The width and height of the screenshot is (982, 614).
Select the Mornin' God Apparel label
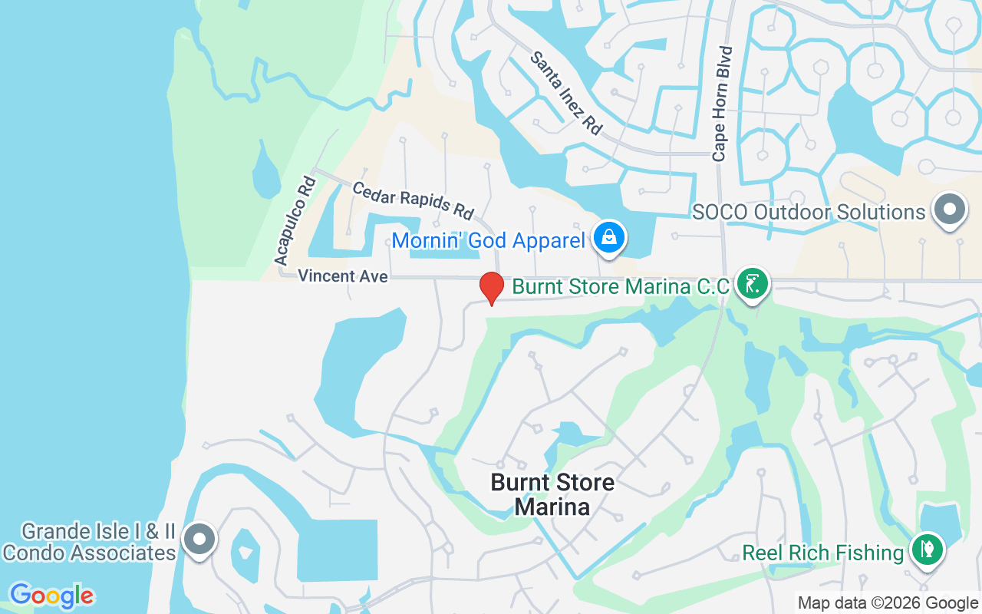(488, 241)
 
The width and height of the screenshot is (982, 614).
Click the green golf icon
(753, 284)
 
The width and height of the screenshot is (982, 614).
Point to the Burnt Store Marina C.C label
(621, 287)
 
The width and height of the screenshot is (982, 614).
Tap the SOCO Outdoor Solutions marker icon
(950, 210)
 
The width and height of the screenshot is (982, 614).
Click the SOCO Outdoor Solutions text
(809, 212)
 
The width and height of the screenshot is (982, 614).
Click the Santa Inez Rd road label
(566, 93)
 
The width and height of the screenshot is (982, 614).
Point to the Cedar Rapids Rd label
(413, 200)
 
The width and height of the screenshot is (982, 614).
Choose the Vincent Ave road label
(342, 276)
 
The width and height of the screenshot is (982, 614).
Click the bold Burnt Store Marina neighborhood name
(552, 494)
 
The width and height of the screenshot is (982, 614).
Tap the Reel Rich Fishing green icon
(927, 550)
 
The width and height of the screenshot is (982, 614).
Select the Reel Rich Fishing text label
(823, 553)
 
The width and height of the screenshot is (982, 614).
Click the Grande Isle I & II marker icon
(199, 540)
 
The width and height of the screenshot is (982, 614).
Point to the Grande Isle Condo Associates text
(90, 542)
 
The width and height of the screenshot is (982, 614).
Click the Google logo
(51, 596)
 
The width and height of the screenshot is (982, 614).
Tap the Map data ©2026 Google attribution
(888, 603)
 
